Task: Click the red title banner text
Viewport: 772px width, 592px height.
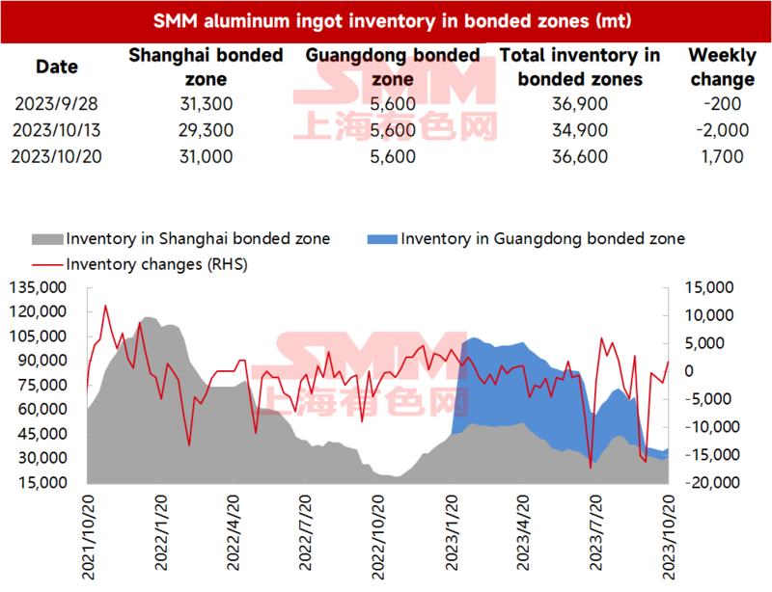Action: [392, 21]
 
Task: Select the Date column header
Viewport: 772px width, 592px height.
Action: [57, 67]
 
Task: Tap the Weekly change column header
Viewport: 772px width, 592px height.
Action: [722, 67]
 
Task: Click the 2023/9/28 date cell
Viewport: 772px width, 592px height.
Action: [56, 104]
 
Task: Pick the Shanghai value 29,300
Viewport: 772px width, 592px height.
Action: [206, 130]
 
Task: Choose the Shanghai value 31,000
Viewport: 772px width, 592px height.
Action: [206, 156]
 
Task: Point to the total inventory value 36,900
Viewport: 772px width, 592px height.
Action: [580, 104]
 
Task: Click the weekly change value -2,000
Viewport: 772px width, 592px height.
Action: [722, 130]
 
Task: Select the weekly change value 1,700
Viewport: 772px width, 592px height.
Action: [722, 156]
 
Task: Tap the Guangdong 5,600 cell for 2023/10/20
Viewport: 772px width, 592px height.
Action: [393, 156]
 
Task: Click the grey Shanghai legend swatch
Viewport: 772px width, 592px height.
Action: [47, 239]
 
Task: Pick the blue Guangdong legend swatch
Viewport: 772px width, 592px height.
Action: [382, 239]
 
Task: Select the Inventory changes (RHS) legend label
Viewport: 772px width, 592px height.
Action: [156, 265]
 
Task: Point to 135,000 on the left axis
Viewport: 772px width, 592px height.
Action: [38, 287]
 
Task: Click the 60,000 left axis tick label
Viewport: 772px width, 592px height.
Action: [42, 409]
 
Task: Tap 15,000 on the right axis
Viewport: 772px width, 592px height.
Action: [709, 287]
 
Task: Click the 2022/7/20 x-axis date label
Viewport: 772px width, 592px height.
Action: [305, 533]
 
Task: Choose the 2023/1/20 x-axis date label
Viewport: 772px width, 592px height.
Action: [452, 533]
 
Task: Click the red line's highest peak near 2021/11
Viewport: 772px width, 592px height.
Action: [105, 306]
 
